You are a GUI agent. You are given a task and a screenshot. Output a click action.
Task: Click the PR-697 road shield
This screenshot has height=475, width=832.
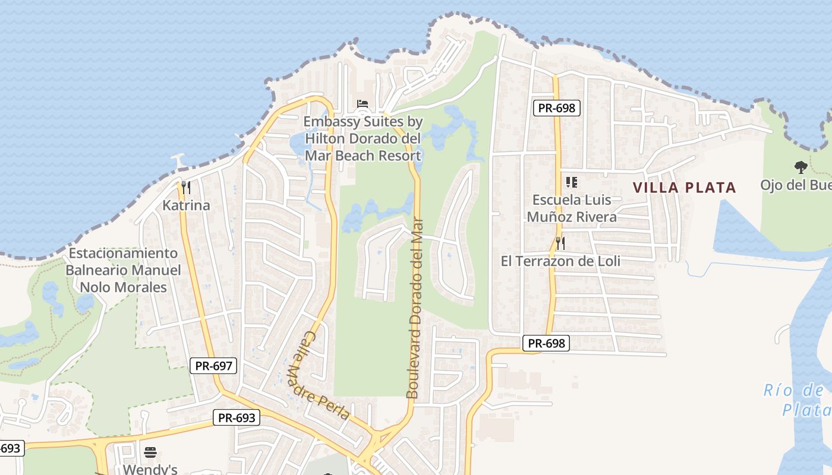coord(214,365)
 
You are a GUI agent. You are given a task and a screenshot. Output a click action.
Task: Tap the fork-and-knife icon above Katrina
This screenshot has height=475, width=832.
coord(186,188)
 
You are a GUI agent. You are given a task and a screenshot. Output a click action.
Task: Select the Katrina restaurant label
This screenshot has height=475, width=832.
coord(187,205)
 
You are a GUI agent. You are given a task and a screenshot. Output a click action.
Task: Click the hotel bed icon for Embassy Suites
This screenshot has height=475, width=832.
coord(362,104)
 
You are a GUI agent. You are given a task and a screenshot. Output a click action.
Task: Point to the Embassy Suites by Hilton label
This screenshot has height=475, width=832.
coord(363,139)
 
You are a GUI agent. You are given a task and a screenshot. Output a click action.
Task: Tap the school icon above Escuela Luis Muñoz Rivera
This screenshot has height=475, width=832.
coord(572,182)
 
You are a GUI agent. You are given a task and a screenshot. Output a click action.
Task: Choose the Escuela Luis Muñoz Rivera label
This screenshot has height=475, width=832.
coord(572,208)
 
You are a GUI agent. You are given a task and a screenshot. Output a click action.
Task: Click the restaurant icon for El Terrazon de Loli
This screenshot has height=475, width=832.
coord(560,243)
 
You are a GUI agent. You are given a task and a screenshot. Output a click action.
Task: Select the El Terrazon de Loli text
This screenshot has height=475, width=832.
coord(560,261)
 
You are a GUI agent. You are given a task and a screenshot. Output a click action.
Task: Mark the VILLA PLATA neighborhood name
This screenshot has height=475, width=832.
coord(684,188)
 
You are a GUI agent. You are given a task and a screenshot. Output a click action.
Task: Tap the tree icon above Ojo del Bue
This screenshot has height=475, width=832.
coord(801,167)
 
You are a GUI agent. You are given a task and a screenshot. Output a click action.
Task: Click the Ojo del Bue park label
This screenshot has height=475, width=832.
coord(796,185)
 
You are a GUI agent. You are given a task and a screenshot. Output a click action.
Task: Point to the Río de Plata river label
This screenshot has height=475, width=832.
coord(796,400)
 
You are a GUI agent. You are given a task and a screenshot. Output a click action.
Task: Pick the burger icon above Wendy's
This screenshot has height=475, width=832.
coord(150,452)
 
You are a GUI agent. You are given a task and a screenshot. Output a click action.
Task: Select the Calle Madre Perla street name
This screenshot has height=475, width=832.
coord(318,375)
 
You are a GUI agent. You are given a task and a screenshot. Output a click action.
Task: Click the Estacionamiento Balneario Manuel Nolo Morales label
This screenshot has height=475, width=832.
coord(123,270)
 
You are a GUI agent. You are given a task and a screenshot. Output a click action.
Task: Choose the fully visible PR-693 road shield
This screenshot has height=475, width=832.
coord(237,417)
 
